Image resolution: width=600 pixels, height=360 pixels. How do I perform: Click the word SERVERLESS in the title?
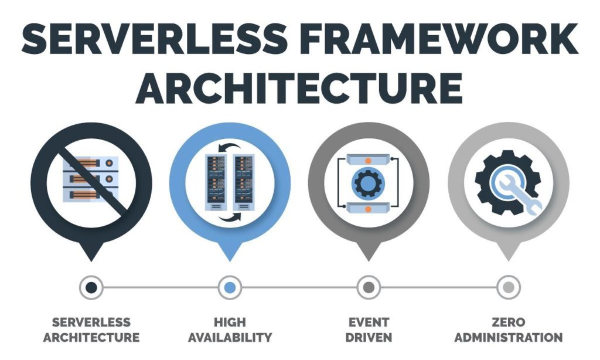(155, 39)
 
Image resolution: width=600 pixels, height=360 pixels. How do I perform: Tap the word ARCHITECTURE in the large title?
(299, 88)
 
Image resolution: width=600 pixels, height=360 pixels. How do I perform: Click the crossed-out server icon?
(91, 179)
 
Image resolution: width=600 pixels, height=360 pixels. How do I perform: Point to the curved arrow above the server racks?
(229, 147)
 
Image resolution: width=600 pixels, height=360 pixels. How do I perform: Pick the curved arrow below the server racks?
(230, 217)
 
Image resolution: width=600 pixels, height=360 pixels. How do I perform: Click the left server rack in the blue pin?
(216, 182)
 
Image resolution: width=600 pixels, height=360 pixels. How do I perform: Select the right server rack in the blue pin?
(244, 182)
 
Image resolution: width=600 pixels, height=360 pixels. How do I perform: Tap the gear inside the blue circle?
(369, 183)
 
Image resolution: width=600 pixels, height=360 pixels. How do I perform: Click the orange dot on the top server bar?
(368, 161)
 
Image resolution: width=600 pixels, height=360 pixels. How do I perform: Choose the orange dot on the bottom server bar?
(368, 209)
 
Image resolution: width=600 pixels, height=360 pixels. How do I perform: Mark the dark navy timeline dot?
(91, 287)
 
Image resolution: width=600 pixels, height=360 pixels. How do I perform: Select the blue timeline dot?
(230, 287)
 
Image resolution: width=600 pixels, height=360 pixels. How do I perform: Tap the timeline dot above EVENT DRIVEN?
(369, 287)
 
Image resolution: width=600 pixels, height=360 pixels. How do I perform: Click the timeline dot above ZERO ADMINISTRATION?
(508, 287)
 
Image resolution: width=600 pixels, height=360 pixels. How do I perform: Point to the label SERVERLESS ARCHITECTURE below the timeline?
(91, 330)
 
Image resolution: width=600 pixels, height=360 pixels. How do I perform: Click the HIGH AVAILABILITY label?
(230, 330)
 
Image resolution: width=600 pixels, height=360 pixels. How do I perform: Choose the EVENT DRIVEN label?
(369, 330)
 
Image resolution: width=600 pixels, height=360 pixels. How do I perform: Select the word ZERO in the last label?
(509, 322)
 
